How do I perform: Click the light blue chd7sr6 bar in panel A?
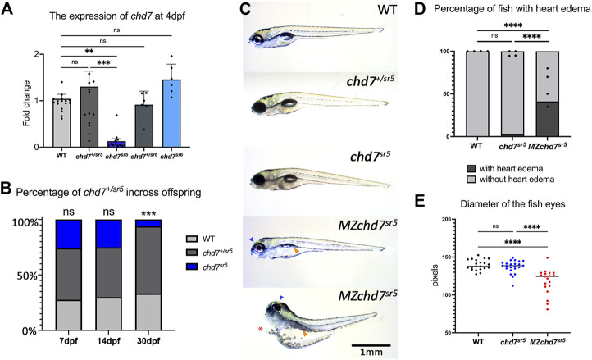171,113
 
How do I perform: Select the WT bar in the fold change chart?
61,123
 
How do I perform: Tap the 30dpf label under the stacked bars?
148,341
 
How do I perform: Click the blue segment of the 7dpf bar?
68,234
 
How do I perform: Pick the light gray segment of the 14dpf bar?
108,314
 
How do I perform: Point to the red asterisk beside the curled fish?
260,329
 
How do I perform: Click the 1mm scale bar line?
371,345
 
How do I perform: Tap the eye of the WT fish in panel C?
257,39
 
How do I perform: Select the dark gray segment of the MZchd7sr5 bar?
548,119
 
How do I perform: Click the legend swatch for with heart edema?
472,168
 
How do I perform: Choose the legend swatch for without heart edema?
472,179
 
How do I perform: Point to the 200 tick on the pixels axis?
449,219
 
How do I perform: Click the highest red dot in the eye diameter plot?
547,258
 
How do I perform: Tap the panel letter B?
7,189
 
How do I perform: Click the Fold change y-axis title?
26,103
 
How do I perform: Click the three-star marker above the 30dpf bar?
148,214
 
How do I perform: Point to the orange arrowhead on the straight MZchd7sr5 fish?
297,251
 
